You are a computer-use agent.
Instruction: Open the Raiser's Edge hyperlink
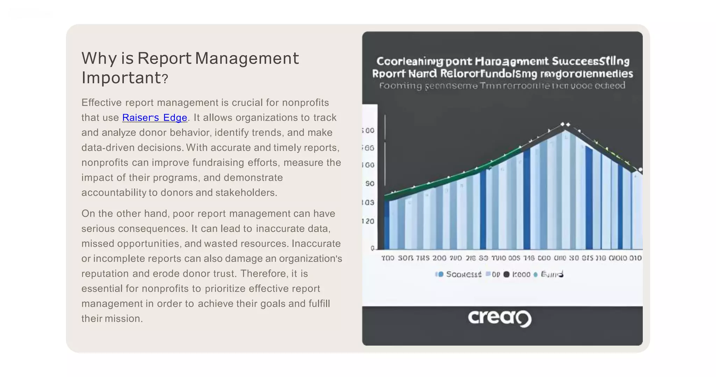(x=155, y=118)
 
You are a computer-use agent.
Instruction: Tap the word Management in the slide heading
(x=247, y=58)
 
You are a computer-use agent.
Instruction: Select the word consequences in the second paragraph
(x=152, y=229)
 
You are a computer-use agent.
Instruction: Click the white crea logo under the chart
(x=499, y=318)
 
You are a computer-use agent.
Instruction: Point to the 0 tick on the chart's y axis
(x=372, y=248)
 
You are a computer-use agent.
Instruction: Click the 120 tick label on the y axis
(x=368, y=221)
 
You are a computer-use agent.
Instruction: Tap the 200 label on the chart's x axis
(x=439, y=258)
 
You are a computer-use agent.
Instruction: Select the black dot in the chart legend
(x=506, y=274)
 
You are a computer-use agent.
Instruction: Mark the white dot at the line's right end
(x=640, y=170)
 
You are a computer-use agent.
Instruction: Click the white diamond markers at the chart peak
(x=565, y=124)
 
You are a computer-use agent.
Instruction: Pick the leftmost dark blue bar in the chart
(x=387, y=224)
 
